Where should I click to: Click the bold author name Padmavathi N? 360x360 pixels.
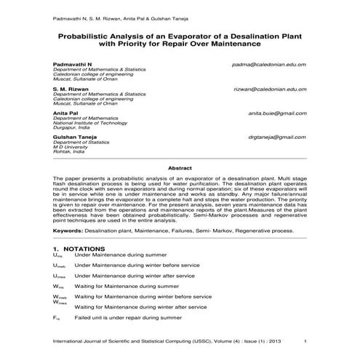pos(73,64)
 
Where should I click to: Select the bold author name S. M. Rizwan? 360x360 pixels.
pos(71,89)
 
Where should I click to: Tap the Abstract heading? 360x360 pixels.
pos(180,167)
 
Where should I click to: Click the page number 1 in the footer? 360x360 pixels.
pos(306,341)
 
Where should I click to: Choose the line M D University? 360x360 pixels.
pos(71,147)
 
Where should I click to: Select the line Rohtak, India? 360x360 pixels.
pos(68,152)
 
